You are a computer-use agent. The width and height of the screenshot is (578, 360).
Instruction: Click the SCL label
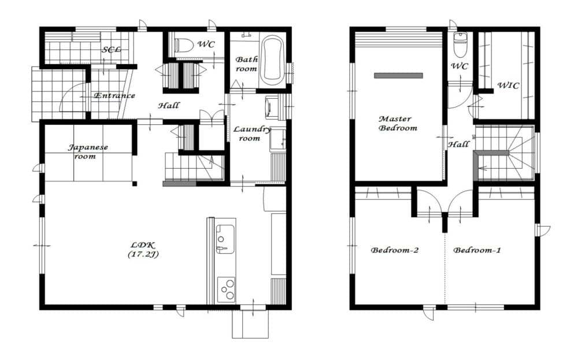(x=112, y=49)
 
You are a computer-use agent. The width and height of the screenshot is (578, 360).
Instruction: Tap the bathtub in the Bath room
(x=273, y=59)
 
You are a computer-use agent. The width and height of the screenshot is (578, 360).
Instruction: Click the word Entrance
(x=114, y=95)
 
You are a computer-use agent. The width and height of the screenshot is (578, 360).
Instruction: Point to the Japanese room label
(x=88, y=151)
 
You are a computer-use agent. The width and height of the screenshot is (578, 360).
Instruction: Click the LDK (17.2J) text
(x=143, y=249)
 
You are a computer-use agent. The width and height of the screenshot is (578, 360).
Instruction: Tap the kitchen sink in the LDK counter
(x=225, y=239)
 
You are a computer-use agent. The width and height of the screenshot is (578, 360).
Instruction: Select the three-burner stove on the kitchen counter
(x=227, y=289)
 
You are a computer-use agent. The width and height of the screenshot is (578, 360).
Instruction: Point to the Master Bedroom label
(x=398, y=124)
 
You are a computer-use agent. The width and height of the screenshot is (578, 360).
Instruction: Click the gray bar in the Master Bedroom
(x=398, y=76)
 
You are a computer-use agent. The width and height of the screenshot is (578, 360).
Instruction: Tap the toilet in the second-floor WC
(x=460, y=44)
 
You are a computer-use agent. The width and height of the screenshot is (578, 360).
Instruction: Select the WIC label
(x=508, y=86)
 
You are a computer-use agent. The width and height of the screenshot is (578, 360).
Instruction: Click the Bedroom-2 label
(x=394, y=250)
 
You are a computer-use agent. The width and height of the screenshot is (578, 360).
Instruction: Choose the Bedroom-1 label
(x=477, y=250)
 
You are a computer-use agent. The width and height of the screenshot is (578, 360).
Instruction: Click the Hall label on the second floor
(x=458, y=144)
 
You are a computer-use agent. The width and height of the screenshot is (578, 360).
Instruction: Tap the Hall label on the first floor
(x=169, y=106)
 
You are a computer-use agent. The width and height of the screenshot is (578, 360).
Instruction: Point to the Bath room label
(x=247, y=64)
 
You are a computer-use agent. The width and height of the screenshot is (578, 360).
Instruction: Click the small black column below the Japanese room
(x=135, y=184)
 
